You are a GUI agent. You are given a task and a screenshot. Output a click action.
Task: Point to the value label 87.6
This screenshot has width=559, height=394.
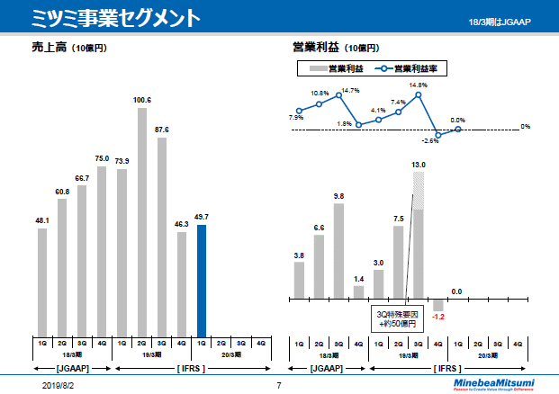[x=162, y=130]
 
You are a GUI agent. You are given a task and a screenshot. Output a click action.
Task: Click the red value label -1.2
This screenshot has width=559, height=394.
[x=438, y=317]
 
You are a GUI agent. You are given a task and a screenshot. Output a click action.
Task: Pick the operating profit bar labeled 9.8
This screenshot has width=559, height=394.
[x=338, y=251]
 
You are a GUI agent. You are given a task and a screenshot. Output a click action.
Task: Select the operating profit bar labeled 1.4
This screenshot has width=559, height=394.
[x=358, y=291]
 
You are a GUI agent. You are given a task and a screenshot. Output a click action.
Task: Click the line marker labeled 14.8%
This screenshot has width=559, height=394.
[x=418, y=95]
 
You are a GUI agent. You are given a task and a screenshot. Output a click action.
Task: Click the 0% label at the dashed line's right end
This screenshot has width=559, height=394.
[x=526, y=127]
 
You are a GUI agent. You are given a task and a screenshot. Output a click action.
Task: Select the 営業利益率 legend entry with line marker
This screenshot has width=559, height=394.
[x=413, y=67]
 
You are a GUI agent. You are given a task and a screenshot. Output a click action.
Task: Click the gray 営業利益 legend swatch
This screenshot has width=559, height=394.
[x=317, y=67]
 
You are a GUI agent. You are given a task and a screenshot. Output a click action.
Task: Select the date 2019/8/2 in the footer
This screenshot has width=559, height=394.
[x=59, y=385]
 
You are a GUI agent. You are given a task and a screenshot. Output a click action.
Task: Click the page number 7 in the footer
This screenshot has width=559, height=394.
[x=279, y=385]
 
